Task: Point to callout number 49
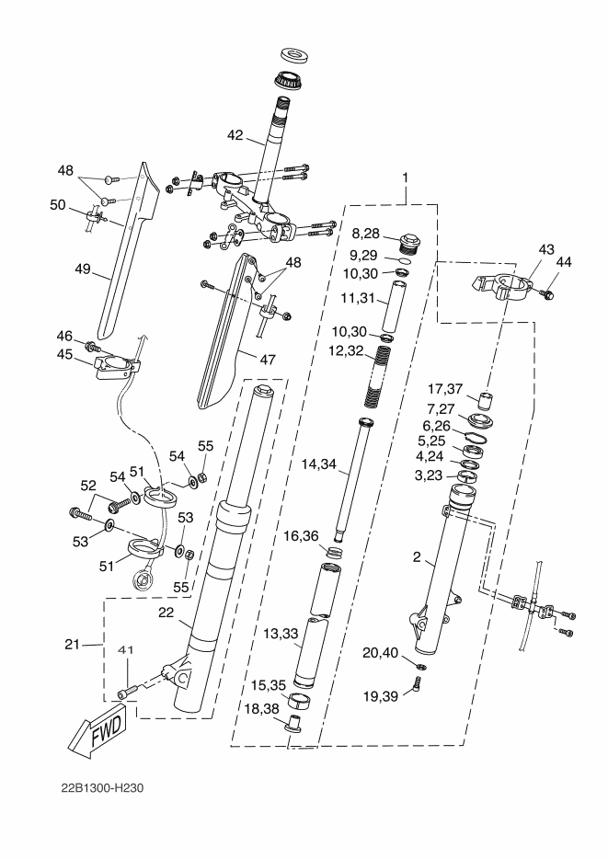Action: (x=85, y=270)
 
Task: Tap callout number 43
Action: (x=545, y=248)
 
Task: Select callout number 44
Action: (x=563, y=263)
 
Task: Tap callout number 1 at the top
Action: (x=405, y=177)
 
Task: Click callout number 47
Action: (x=268, y=360)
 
